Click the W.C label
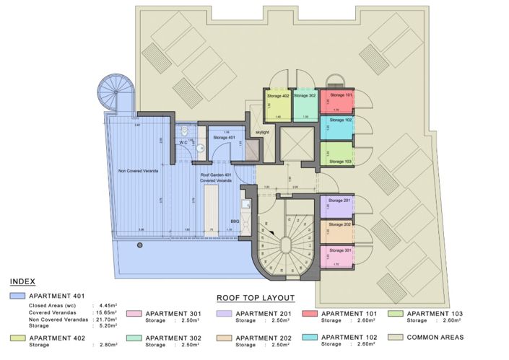click(x=183, y=143)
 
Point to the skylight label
click(x=261, y=133)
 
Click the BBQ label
click(x=235, y=221)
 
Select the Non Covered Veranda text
click(x=134, y=171)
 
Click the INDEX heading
click(x=23, y=281)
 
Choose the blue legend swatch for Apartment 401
click(x=17, y=296)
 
